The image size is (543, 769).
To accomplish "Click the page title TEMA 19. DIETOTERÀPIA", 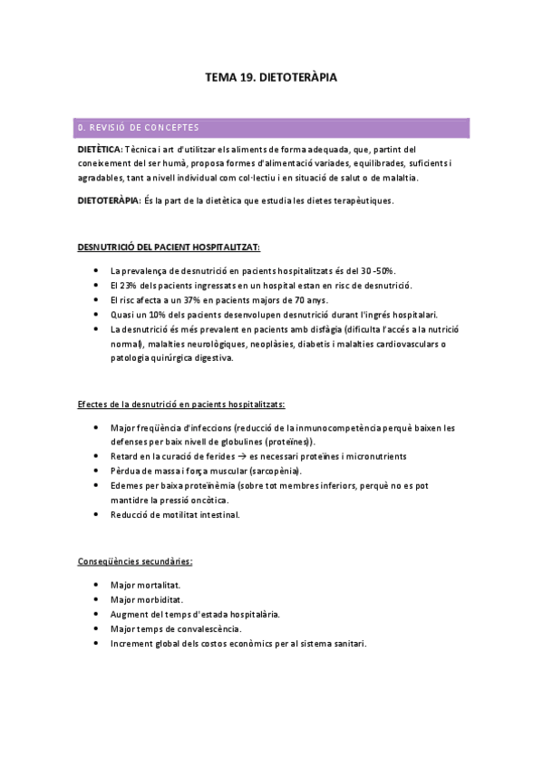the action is coord(271,78).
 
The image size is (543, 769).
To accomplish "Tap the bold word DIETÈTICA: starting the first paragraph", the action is coord(100,149).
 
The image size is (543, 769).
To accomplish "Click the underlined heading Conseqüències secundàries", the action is coord(135,561).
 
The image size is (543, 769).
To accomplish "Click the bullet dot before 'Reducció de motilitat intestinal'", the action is coord(97,515).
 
